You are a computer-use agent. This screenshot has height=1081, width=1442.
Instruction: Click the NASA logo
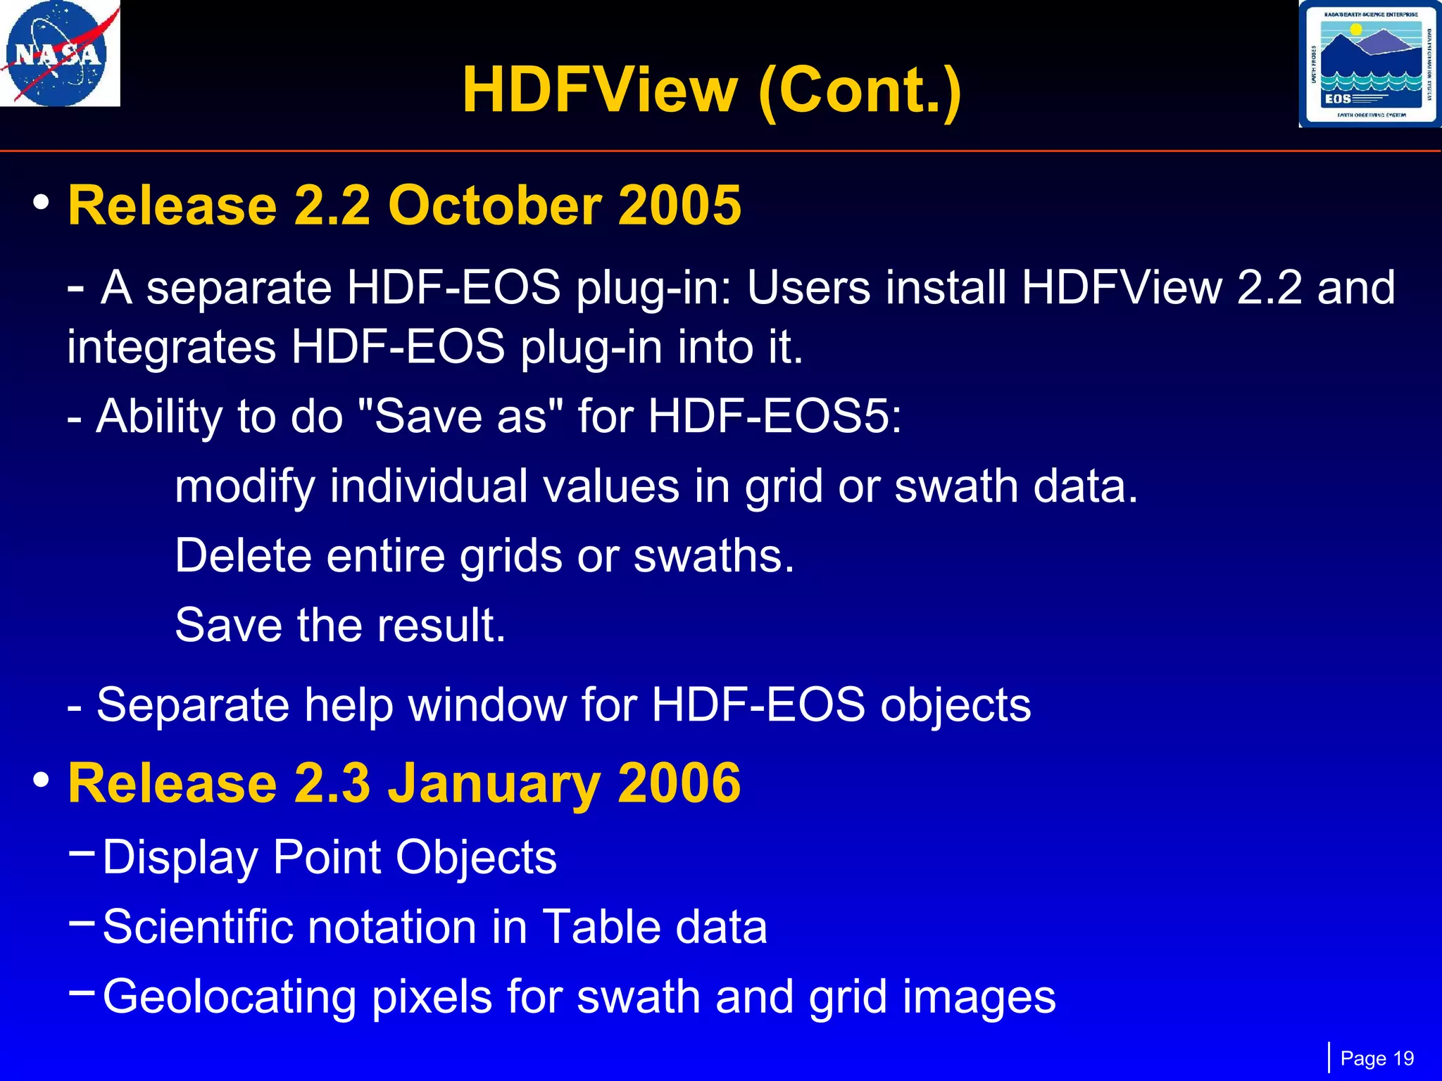click(x=60, y=53)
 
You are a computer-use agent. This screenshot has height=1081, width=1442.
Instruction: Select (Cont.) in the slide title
click(x=859, y=90)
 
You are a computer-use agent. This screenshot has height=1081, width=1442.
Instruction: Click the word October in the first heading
click(x=494, y=206)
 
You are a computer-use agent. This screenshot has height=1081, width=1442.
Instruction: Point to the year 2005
click(x=679, y=206)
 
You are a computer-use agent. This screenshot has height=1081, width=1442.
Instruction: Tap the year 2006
click(x=679, y=783)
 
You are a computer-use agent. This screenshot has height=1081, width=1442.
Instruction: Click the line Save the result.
click(x=340, y=625)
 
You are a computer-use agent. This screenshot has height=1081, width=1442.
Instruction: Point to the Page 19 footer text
click(x=1377, y=1058)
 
